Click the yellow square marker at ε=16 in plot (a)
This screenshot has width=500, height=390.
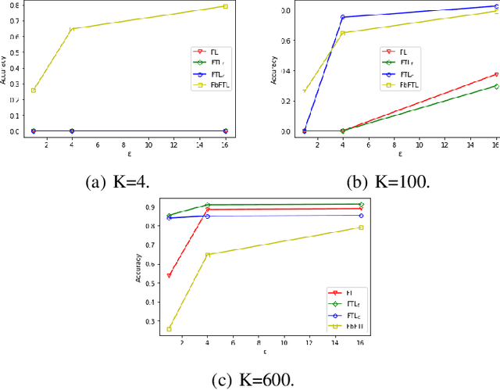(x=226, y=6)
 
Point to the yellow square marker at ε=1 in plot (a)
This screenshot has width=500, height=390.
(x=33, y=90)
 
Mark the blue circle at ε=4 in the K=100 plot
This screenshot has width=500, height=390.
(x=342, y=16)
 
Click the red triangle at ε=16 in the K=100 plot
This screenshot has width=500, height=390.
(x=496, y=75)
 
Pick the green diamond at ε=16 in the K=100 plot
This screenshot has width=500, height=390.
(x=496, y=86)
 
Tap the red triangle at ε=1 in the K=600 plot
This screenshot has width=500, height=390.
(x=170, y=275)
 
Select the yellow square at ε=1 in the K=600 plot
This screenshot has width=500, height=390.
(x=170, y=329)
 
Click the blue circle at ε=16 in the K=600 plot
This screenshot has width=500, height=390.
(x=361, y=216)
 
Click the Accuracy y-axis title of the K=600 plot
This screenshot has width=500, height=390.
(x=138, y=267)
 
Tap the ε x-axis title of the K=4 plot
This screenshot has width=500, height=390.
(x=130, y=154)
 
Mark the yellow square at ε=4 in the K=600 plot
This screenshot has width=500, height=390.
(x=208, y=255)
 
